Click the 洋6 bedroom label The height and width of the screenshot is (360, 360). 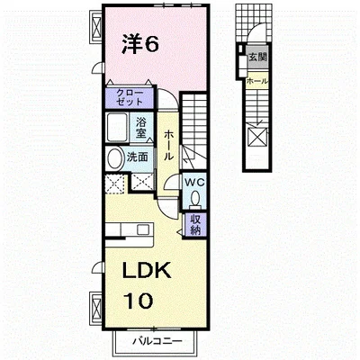point(140,44)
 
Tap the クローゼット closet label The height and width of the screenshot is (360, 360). point(130,97)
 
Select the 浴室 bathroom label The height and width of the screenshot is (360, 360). point(140,127)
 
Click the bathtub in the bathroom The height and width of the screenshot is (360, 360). point(117,127)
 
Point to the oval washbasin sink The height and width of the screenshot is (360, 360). point(114,158)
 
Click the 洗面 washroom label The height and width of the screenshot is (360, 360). point(137,157)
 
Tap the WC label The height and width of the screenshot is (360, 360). point(194,182)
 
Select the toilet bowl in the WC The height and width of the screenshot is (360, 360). point(195,199)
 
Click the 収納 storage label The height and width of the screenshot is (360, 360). point(195,225)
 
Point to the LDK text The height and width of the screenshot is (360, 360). point(146,270)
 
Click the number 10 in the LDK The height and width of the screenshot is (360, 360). point(139,301)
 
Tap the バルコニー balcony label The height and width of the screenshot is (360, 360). point(157,341)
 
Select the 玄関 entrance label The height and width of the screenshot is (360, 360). point(257,57)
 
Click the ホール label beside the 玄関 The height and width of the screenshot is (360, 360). point(257,81)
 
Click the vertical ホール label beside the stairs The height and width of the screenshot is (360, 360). point(168,146)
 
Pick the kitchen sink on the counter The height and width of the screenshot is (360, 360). point(142,229)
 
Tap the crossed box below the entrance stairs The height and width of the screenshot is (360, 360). point(257,137)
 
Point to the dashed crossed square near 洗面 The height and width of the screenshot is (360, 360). point(114,184)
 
